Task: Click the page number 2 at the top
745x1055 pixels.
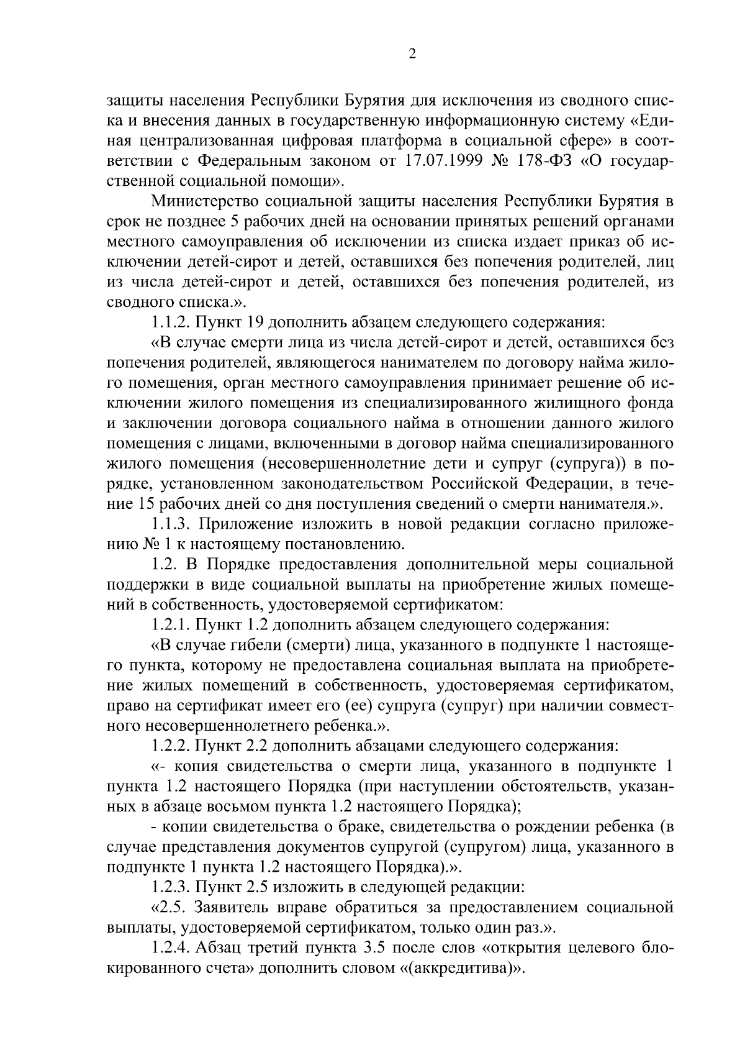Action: coord(412,54)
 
